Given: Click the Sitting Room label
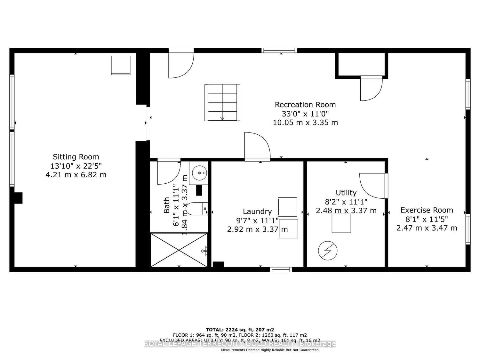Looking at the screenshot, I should [76, 157].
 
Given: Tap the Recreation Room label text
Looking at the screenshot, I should [305, 105].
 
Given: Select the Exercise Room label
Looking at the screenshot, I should [427, 210].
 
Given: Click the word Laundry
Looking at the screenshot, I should [257, 212].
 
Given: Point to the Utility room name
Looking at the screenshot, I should [346, 193].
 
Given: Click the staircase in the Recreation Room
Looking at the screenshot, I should [222, 102].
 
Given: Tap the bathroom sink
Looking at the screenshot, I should [199, 173].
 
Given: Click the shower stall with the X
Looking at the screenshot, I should [179, 250].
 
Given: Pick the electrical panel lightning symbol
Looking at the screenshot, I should [328, 251].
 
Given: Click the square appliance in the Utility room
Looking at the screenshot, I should [341, 223].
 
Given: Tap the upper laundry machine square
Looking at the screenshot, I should [287, 207].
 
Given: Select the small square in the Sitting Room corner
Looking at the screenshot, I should [121, 65].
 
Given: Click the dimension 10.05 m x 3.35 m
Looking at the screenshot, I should [305, 123].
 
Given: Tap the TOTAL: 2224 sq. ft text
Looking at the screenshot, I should [240, 330].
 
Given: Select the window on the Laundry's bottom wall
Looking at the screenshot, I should [281, 269].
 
